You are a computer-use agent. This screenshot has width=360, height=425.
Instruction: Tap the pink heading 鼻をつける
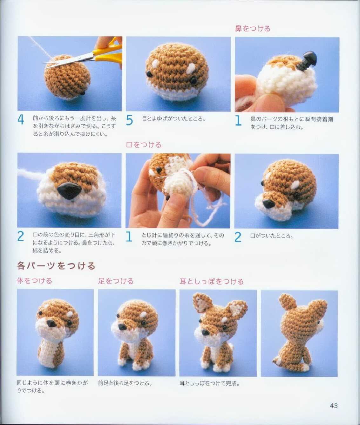253,28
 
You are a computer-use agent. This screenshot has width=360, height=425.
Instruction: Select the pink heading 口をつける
144,145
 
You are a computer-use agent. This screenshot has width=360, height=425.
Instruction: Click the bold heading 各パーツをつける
56,266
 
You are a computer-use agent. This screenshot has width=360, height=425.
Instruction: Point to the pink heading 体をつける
35,281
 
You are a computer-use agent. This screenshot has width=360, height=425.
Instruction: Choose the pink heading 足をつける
116,281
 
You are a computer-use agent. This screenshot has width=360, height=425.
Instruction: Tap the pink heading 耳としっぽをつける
211,281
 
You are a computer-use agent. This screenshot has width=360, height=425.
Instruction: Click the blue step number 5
129,120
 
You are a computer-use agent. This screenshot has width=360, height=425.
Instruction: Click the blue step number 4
21,120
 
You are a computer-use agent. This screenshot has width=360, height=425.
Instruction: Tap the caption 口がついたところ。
271,236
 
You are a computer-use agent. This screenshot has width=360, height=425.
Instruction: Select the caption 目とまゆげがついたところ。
173,119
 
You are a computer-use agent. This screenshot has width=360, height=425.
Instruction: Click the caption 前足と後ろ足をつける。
125,383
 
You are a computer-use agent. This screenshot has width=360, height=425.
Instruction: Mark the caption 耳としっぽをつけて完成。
210,383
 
